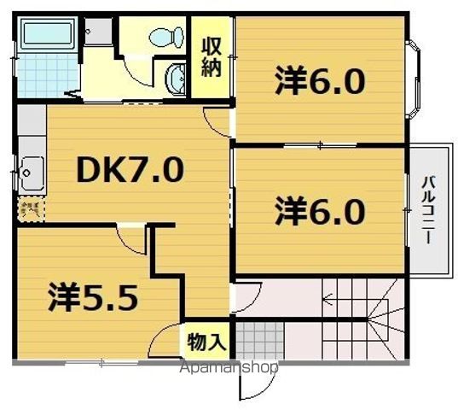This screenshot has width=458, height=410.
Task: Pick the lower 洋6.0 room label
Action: pos(320,209)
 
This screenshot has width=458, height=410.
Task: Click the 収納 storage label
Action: pos(212,57)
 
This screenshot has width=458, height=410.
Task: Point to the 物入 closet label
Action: pos(206,342)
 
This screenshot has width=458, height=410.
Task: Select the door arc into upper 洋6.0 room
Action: pos(217,120)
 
